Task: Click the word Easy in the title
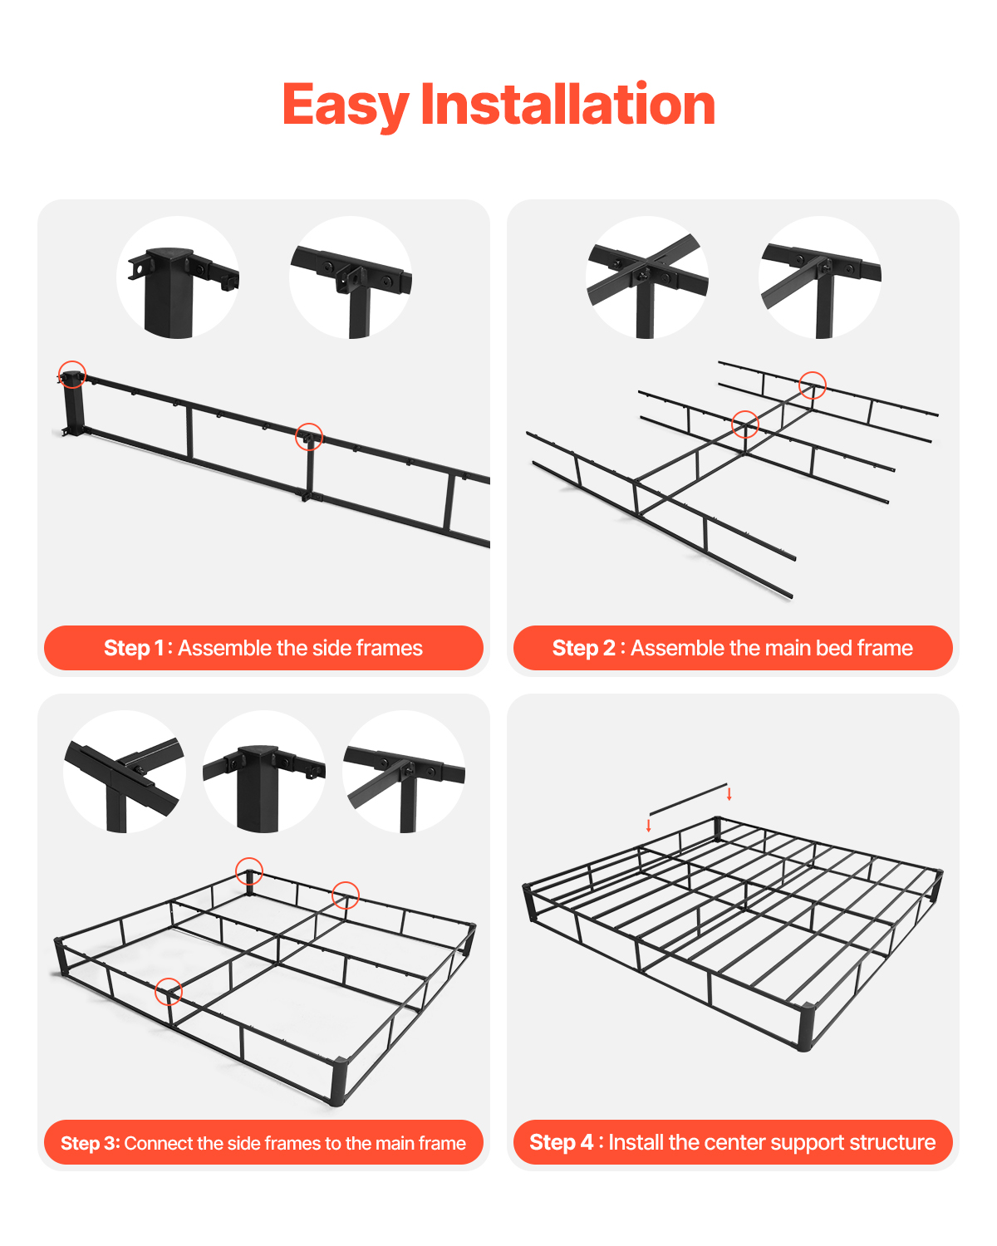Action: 345,105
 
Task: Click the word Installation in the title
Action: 567,105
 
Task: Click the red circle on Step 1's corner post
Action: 72,375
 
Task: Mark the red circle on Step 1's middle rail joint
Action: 309,436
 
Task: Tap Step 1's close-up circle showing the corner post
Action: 178,277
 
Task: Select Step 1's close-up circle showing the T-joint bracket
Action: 351,277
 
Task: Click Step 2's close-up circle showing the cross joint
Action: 647,277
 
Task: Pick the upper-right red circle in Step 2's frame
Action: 813,385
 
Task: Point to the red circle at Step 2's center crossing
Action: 745,424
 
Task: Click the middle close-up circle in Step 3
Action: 264,772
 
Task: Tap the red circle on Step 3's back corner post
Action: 249,871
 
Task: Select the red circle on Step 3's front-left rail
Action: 169,991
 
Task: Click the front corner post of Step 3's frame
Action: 337,1082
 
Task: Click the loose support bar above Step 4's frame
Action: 688,799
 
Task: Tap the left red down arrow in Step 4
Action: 649,826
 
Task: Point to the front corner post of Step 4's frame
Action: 804,1028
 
